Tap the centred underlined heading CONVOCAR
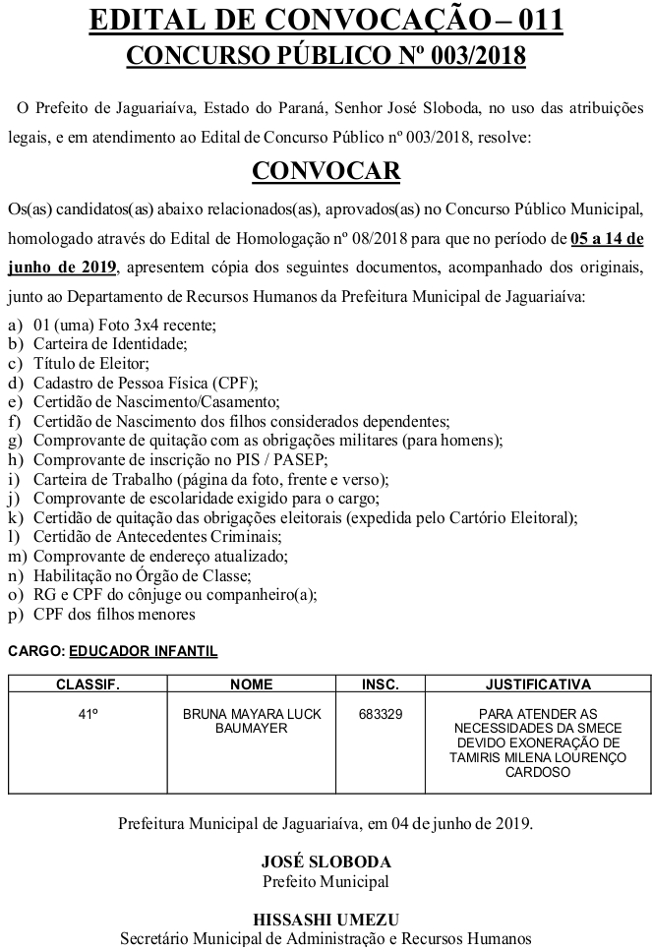pyautogui.click(x=326, y=171)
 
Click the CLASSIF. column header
pyautogui.click(x=88, y=684)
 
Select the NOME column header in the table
pyautogui.click(x=251, y=684)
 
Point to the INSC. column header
pyautogui.click(x=381, y=684)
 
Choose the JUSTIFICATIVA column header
pyautogui.click(x=538, y=684)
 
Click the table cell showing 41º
pyautogui.click(x=88, y=714)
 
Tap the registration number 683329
pyautogui.click(x=381, y=714)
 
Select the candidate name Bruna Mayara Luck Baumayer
pyautogui.click(x=251, y=721)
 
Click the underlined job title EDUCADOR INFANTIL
pyautogui.click(x=144, y=651)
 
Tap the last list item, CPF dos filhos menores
pyautogui.click(x=114, y=615)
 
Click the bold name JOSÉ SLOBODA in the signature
pyautogui.click(x=326, y=862)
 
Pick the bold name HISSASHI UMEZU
pyautogui.click(x=326, y=920)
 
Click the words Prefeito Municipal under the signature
pyautogui.click(x=326, y=881)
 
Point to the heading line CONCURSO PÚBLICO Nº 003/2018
pyautogui.click(x=326, y=57)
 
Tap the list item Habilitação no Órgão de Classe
pyautogui.click(x=143, y=576)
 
